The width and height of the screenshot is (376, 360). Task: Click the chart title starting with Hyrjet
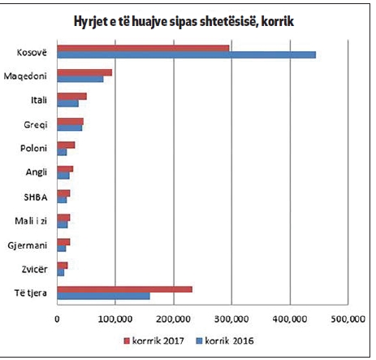pyautogui.click(x=190, y=20)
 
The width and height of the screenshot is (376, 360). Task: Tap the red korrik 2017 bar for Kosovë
pyautogui.click(x=143, y=48)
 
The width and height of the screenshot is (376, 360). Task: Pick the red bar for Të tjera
pyautogui.click(x=124, y=288)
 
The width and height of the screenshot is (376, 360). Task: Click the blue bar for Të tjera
pyautogui.click(x=103, y=296)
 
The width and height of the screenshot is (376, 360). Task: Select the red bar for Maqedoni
pyautogui.click(x=84, y=72)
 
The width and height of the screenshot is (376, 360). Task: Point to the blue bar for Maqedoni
pyautogui.click(x=80, y=80)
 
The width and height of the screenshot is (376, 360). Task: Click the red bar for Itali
pyautogui.click(x=71, y=97)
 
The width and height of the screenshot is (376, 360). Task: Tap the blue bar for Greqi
pyautogui.click(x=70, y=128)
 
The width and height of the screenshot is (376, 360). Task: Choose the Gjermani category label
pyautogui.click(x=32, y=244)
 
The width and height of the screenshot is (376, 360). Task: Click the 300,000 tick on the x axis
pyautogui.click(x=232, y=319)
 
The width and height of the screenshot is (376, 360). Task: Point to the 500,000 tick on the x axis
pyautogui.click(x=349, y=319)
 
